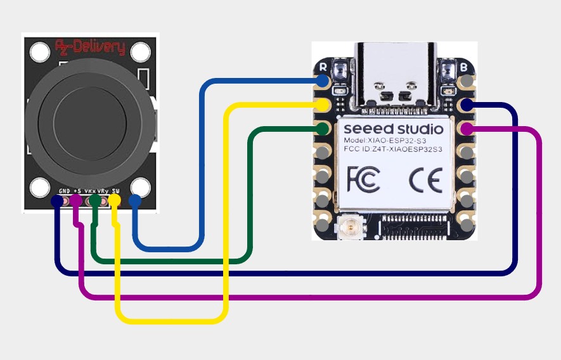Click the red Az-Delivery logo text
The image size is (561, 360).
(x=90, y=48)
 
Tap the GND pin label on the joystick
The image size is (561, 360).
(x=64, y=190)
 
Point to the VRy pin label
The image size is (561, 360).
(x=102, y=190)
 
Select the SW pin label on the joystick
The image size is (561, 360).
(x=116, y=190)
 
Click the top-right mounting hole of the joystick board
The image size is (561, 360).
(x=141, y=49)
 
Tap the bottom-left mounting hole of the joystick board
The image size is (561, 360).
(x=40, y=188)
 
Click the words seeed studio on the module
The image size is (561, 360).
(x=394, y=129)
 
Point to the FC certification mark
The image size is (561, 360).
(x=363, y=180)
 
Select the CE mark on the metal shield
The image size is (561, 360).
(x=425, y=181)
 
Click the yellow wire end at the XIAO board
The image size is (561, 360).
(x=323, y=105)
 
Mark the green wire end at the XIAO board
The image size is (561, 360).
(x=323, y=129)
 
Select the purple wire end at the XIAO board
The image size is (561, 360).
(x=467, y=129)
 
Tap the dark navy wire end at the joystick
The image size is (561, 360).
(x=57, y=201)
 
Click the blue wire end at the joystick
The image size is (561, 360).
(x=134, y=201)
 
